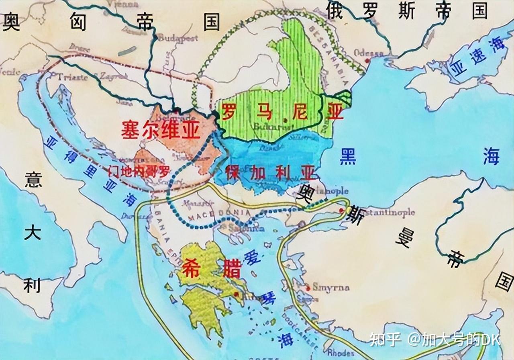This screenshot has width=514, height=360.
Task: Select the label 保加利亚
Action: click(x=269, y=173)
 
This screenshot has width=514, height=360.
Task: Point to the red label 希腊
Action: click(x=212, y=269)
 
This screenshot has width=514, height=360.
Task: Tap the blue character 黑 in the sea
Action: click(x=347, y=156)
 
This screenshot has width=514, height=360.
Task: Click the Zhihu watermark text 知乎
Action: click(x=385, y=340)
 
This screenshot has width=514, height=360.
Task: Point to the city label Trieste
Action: click(x=72, y=77)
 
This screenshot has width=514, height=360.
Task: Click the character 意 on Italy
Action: click(x=33, y=180)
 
